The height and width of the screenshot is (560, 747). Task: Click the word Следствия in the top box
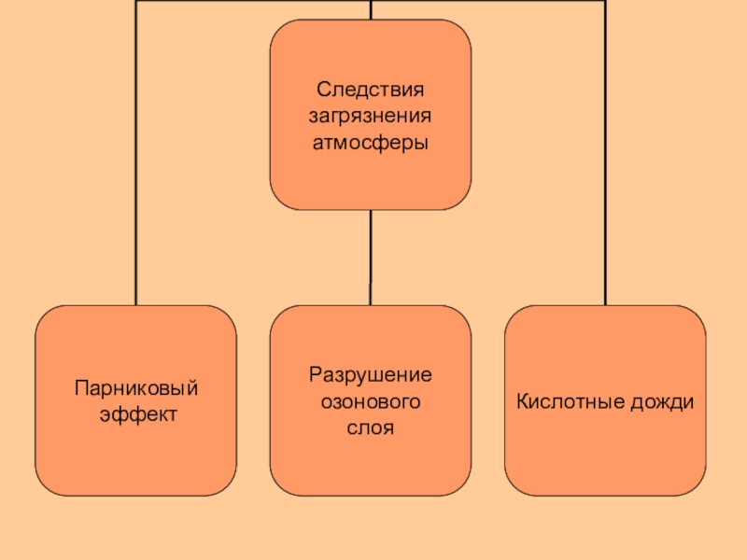tap(371, 91)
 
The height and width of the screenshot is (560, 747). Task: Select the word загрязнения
tap(371, 118)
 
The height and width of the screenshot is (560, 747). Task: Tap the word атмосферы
tap(371, 144)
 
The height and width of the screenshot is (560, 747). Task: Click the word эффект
tap(137, 413)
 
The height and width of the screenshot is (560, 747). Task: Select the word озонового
tap(371, 401)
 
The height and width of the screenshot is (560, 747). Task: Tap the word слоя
tap(371, 427)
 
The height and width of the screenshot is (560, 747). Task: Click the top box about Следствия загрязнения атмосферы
tap(371, 177)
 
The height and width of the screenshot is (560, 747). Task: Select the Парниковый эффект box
tap(136, 457)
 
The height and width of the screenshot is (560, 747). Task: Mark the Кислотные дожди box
tap(605, 457)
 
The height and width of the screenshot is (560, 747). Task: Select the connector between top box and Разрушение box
tap(371, 257)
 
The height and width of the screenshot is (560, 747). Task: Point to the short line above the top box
tap(371, 9)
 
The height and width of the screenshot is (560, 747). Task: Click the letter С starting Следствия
tap(322, 91)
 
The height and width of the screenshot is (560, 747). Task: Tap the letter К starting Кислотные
tap(521, 401)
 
